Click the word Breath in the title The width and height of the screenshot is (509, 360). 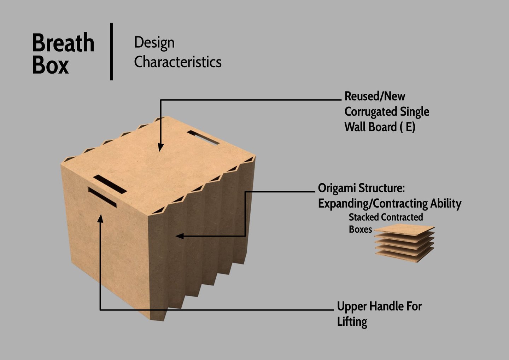pyautogui.click(x=63, y=43)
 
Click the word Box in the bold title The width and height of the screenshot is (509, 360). pyautogui.click(x=50, y=65)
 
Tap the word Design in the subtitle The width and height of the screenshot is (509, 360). pyautogui.click(x=154, y=43)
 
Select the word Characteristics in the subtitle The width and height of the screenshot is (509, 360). pyautogui.click(x=177, y=62)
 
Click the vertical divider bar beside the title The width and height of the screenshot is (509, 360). pyautogui.click(x=111, y=52)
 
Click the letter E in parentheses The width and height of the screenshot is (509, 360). pyautogui.click(x=409, y=127)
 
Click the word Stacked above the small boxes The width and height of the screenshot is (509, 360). pyautogui.click(x=364, y=217)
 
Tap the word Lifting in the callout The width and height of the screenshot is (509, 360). pyautogui.click(x=352, y=322)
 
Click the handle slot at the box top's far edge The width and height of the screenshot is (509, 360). pyautogui.click(x=203, y=138)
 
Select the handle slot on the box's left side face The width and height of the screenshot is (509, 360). pyautogui.click(x=102, y=197)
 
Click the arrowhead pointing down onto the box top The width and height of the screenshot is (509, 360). pyautogui.click(x=160, y=147)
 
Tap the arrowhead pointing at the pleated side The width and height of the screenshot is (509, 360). pyautogui.click(x=180, y=236)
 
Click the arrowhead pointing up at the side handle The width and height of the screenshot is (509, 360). pyautogui.click(x=100, y=219)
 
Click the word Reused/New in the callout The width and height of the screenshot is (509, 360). pyautogui.click(x=375, y=96)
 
